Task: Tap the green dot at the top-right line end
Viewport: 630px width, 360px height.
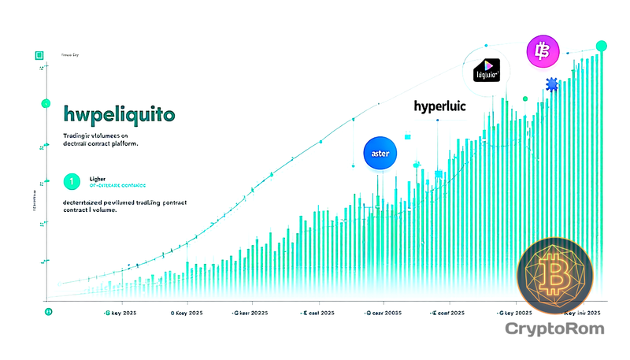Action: pos(602,46)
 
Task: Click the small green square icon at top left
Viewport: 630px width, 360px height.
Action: pos(37,55)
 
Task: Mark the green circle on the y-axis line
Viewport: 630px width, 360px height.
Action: pos(46,103)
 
